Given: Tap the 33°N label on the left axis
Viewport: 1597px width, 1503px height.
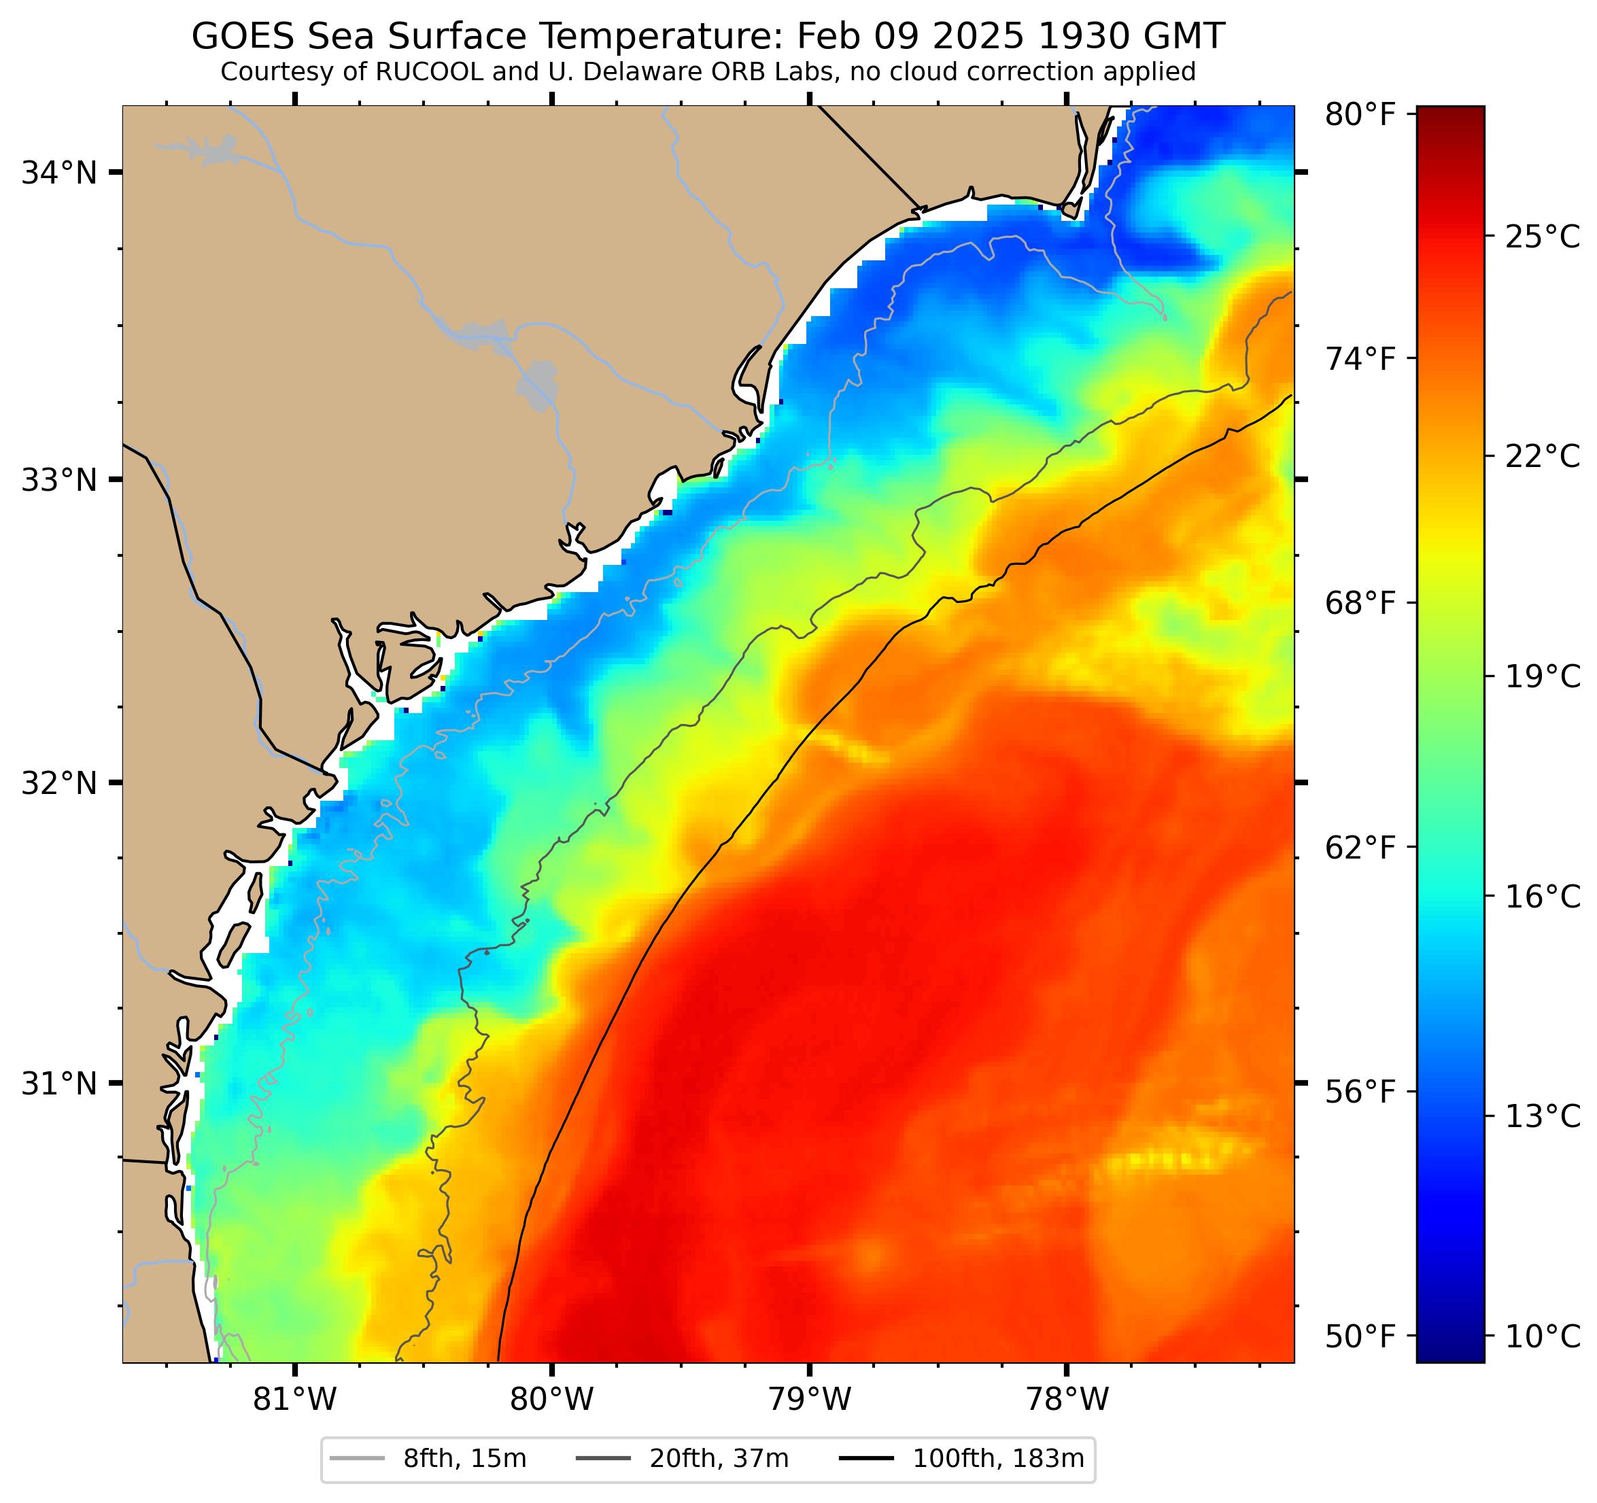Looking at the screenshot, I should point(58,481).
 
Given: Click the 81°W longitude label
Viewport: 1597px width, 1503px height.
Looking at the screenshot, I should point(295,1400).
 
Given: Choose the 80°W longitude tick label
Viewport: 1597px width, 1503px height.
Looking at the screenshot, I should point(552,1400).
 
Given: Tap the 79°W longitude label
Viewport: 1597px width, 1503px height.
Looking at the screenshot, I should point(809,1400).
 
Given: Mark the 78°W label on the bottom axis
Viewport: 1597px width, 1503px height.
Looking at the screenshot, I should point(1067,1400).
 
